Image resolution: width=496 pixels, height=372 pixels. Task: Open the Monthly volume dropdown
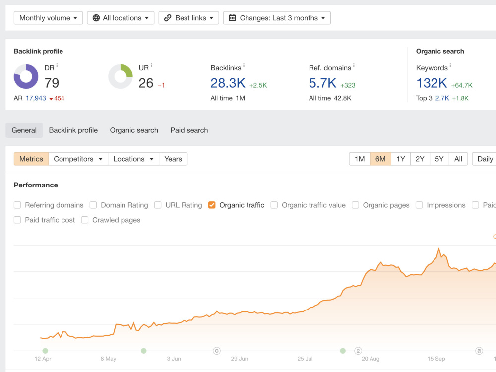click(48, 18)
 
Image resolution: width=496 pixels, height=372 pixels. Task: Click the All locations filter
click(121, 18)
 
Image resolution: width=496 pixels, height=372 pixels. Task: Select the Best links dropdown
click(188, 18)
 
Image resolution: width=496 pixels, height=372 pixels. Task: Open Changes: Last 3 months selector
click(277, 18)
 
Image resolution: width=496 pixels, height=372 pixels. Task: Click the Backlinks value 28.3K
click(228, 83)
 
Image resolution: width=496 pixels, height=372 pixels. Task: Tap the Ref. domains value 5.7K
click(322, 83)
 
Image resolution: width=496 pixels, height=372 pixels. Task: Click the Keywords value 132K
click(432, 83)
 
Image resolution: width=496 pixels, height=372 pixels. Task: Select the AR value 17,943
click(36, 98)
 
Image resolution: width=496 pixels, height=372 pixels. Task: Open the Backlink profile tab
click(73, 130)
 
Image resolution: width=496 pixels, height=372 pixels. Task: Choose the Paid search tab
click(189, 130)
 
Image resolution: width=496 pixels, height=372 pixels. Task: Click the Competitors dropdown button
click(78, 159)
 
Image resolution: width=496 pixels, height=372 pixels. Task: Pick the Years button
click(173, 159)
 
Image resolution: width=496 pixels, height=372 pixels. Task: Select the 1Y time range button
click(401, 159)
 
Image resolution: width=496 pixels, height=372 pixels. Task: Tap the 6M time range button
click(380, 159)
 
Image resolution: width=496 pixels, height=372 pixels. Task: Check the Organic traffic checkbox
click(212, 205)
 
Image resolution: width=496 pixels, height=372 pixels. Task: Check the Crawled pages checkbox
click(85, 220)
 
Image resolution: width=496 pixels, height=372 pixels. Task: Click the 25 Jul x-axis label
click(305, 359)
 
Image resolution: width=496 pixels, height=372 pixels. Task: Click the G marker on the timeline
click(217, 351)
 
